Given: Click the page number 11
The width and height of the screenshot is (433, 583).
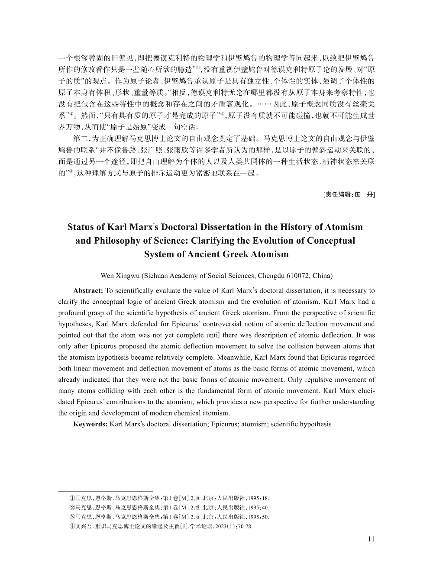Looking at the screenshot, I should point(371,539).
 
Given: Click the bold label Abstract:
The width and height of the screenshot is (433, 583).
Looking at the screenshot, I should point(88,290).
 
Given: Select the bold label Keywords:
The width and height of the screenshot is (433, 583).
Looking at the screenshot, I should point(90,424).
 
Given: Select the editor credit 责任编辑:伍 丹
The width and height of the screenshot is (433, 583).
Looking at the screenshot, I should point(349,195).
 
